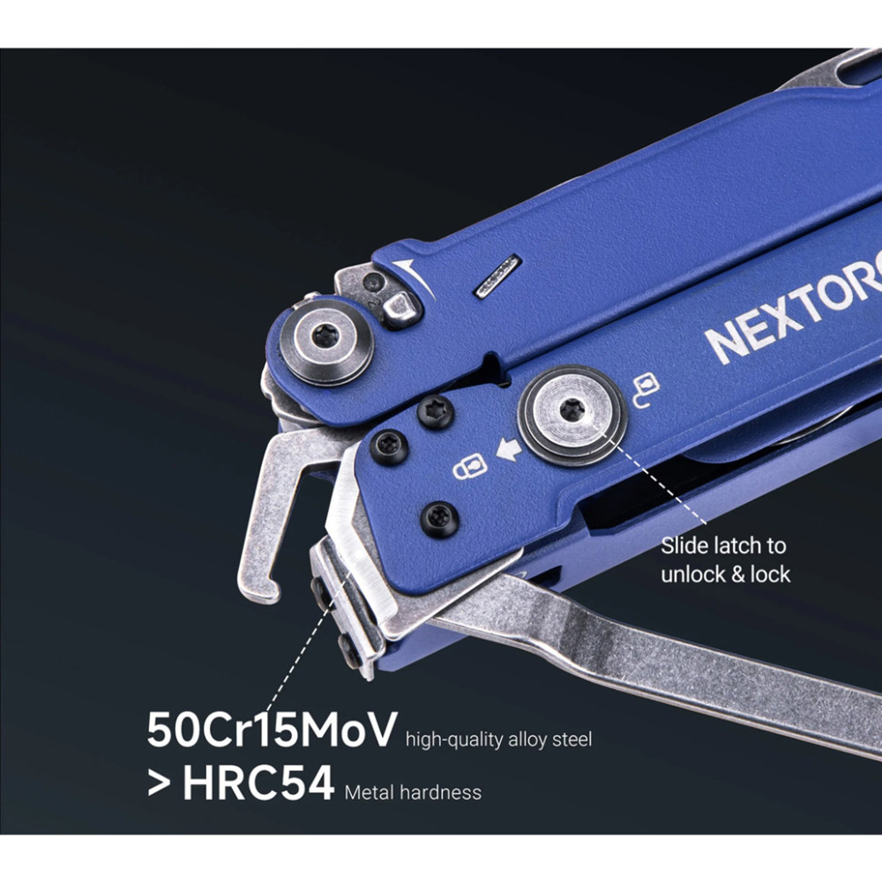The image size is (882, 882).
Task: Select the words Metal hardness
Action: pos(413,791)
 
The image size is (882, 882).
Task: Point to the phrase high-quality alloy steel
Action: pos(498,739)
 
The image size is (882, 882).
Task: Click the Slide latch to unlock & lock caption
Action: pos(725,560)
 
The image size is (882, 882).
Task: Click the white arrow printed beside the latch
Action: pos(508,452)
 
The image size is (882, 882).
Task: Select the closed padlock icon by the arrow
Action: pos(467,467)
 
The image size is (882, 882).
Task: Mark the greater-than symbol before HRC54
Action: pos(159,783)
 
